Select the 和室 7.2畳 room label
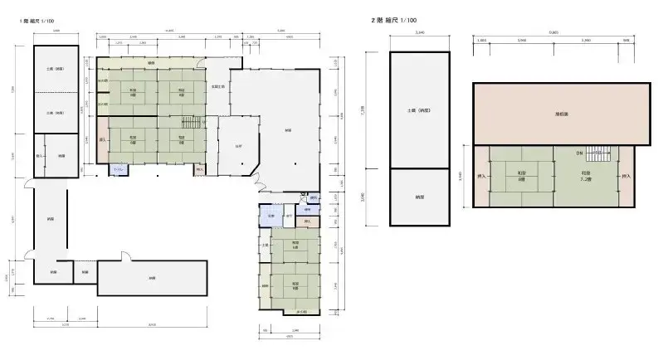point(586,175)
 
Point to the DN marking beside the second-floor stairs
point(578,153)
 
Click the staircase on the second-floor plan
point(597,153)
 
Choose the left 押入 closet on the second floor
point(480,177)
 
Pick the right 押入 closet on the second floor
point(626,177)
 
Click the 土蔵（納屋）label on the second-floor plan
point(419,110)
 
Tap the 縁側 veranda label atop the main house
point(151,63)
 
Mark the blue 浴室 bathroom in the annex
point(267,217)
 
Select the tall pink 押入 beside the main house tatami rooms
point(102,141)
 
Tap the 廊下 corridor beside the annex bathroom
point(287,217)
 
